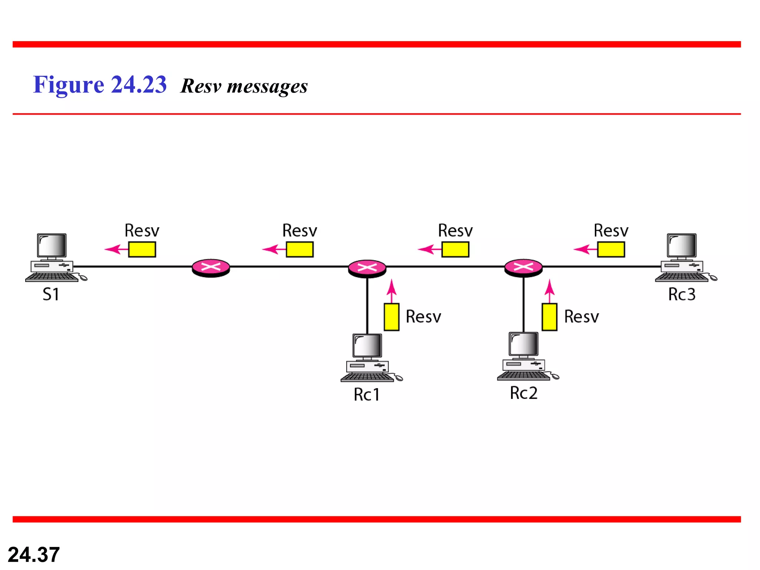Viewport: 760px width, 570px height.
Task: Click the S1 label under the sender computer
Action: [x=51, y=294]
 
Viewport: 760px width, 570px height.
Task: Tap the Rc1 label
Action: [x=367, y=394]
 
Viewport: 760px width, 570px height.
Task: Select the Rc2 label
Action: [x=524, y=393]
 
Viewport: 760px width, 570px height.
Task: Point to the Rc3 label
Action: [x=682, y=294]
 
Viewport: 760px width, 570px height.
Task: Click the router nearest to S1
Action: [x=211, y=267]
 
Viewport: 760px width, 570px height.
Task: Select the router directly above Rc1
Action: [x=367, y=268]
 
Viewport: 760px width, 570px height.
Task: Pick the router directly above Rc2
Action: [x=523, y=268]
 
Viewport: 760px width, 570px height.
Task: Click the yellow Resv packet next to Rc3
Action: [x=611, y=249]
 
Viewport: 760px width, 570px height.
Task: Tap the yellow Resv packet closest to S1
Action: [x=142, y=249]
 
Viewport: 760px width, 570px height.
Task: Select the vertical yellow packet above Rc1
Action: [x=392, y=317]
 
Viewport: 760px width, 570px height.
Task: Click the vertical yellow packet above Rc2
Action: [x=549, y=317]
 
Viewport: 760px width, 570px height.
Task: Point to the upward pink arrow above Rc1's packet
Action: [x=392, y=291]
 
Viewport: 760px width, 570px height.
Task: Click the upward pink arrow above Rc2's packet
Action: [x=550, y=291]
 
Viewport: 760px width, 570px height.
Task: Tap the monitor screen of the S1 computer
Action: [x=52, y=245]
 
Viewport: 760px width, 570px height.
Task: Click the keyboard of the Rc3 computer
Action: [x=681, y=277]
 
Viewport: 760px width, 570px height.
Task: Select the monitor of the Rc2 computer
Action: [x=523, y=344]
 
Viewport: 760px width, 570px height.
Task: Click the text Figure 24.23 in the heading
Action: [x=100, y=85]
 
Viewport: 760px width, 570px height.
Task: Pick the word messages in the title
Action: [x=267, y=86]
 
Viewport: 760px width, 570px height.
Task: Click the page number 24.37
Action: [x=34, y=554]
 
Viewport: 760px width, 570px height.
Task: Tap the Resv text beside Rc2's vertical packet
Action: [x=582, y=317]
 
